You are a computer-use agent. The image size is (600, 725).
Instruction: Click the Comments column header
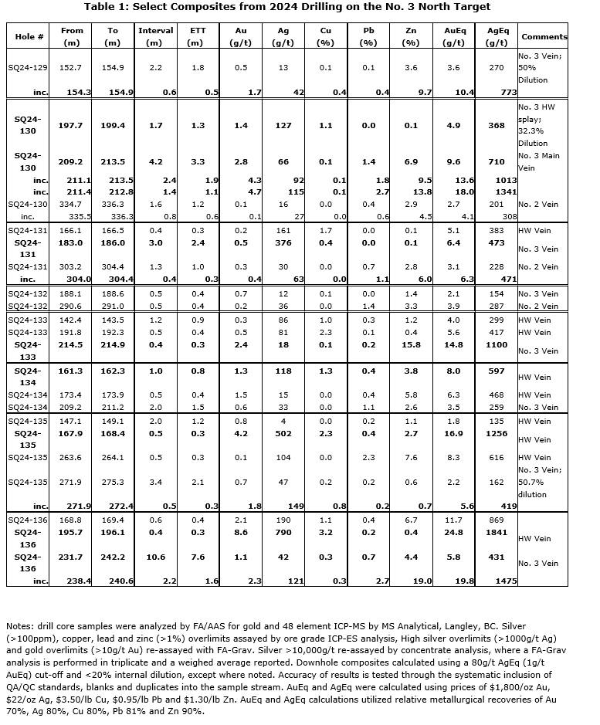coord(544,36)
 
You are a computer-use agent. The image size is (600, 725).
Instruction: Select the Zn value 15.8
coord(411,345)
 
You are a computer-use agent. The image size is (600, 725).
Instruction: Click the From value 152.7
coord(71,68)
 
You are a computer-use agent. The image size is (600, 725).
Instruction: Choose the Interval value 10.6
coord(155,557)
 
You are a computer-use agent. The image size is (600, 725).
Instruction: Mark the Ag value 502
coord(283,433)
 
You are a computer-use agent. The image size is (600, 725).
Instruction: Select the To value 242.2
coord(113,557)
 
